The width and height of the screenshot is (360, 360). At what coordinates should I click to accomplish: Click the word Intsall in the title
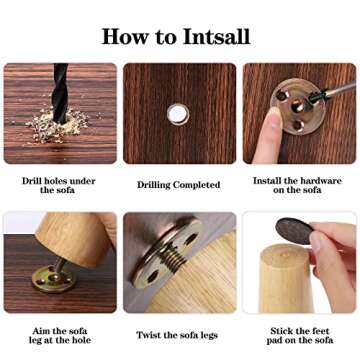[216, 36]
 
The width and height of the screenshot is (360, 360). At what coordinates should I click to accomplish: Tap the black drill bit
[60, 93]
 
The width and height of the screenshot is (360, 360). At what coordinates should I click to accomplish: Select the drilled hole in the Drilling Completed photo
[178, 114]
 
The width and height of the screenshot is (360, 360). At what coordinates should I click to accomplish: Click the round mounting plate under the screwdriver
[298, 106]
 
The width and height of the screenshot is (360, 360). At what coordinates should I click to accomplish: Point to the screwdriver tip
[313, 97]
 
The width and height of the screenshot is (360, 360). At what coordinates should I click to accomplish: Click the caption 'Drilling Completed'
[179, 185]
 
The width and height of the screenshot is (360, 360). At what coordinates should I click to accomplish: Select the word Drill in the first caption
[32, 181]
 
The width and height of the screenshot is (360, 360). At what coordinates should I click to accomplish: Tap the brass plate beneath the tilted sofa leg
[54, 279]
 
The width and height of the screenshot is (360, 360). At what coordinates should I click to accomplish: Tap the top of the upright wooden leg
[286, 253]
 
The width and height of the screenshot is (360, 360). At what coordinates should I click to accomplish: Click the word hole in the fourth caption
[81, 340]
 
